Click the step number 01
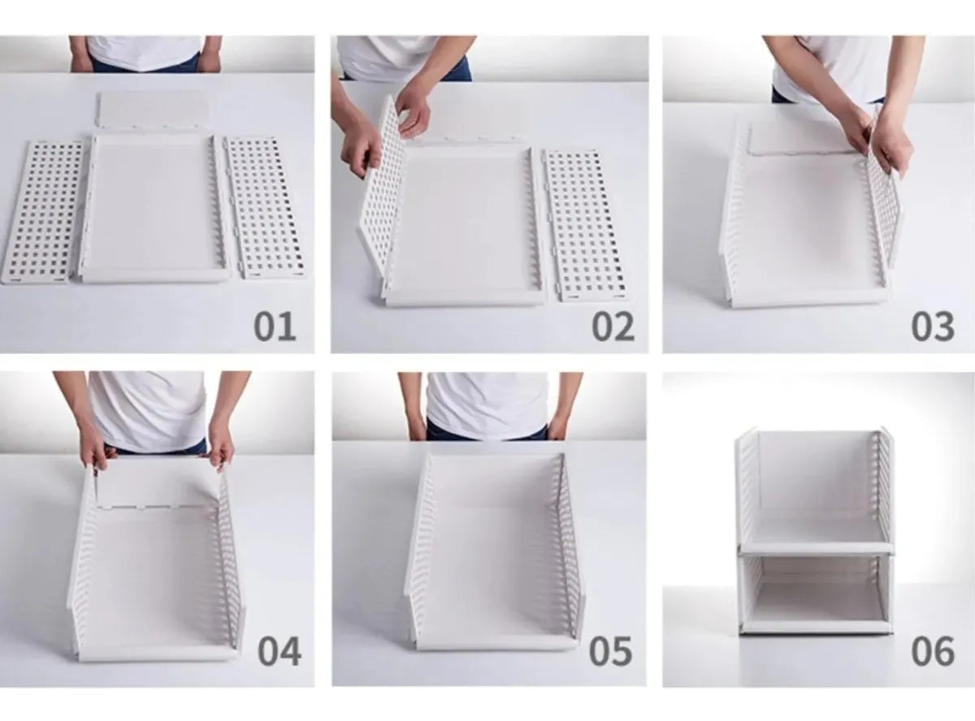275,326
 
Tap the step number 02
613,326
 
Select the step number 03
933,326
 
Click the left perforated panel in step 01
42,212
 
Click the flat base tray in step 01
154,208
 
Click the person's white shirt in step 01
144,51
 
